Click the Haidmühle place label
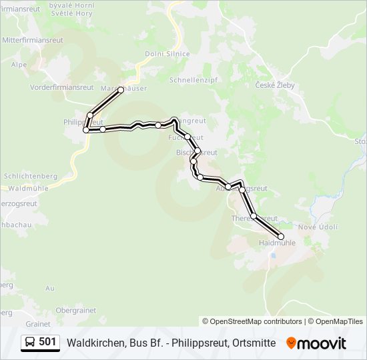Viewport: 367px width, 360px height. pos(276,243)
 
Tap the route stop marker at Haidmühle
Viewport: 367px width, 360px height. pos(280,237)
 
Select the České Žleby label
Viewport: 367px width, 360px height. pos(275,85)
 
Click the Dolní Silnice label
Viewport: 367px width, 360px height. pos(168,54)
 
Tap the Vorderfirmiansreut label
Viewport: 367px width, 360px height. pos(61,87)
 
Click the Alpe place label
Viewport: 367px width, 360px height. pos(19,65)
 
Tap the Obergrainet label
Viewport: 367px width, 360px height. pos(76,310)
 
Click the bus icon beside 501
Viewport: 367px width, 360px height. pos(30,343)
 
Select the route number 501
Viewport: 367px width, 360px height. pos(47,342)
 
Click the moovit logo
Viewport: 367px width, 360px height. pos(316,343)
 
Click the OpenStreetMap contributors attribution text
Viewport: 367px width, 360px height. pos(252,321)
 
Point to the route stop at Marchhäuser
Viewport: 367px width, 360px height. pos(121,89)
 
